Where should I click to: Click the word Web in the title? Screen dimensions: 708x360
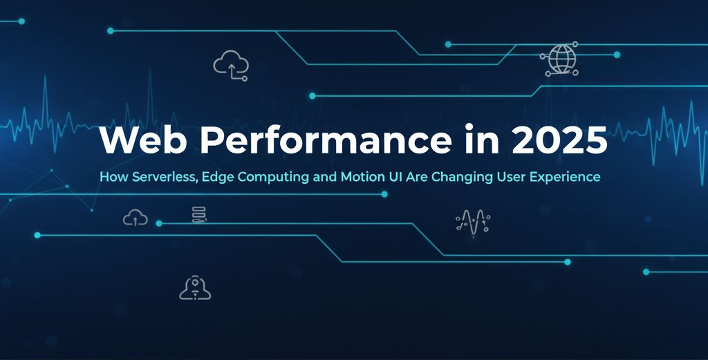coord(142,140)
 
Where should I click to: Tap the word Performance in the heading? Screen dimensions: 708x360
coord(326,140)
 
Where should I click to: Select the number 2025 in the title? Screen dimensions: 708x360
coord(559,140)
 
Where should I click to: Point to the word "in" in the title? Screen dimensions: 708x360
coord(482,140)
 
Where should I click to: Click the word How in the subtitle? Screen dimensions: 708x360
coord(114,176)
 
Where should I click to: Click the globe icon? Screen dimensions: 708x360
coord(560,59)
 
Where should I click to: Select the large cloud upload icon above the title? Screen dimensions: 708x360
coord(231,66)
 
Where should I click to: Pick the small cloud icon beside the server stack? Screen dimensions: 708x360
coord(135,218)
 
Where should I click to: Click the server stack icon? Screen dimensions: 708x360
coord(199,214)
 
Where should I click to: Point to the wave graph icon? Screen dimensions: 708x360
coord(473,223)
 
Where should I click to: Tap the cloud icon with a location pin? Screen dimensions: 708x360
coord(195,288)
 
